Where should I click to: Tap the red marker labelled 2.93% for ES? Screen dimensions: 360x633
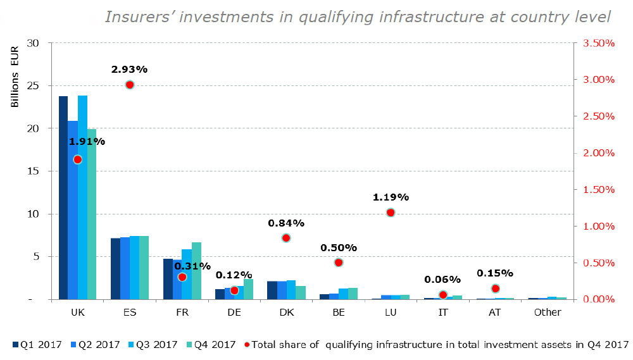(130, 85)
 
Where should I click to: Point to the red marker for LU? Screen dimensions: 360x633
(391, 213)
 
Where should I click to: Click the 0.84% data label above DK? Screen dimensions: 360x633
(286, 223)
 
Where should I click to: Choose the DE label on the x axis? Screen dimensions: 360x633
(234, 313)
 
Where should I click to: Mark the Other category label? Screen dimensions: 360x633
(547, 313)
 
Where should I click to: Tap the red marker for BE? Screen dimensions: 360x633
(339, 263)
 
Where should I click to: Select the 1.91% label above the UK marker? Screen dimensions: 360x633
(87, 142)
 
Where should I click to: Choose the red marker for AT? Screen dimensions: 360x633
(496, 289)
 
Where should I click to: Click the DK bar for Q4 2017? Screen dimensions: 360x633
(301, 292)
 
